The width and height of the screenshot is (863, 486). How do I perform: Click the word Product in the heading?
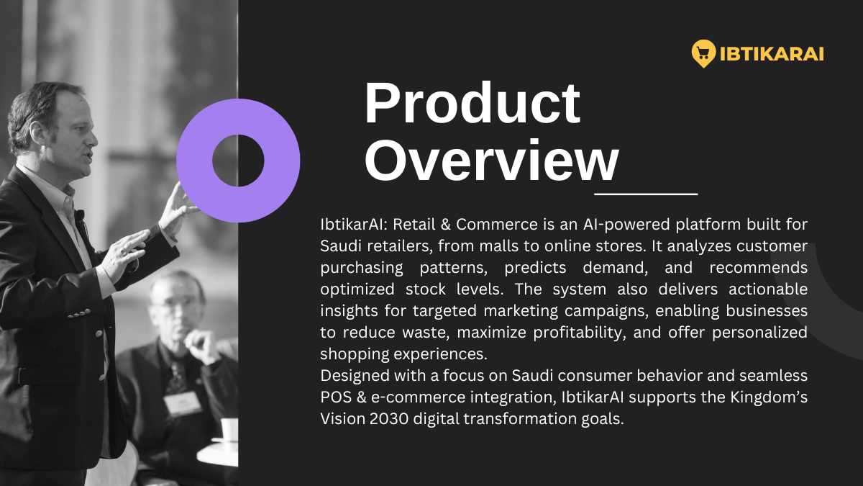[472, 104]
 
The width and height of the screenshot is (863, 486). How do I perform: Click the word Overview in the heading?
[492, 161]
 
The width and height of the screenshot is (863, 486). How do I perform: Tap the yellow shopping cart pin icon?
[703, 53]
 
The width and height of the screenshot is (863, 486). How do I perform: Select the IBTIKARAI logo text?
[772, 54]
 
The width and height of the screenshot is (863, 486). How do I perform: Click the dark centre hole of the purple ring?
[238, 161]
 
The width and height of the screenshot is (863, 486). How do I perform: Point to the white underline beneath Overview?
[646, 194]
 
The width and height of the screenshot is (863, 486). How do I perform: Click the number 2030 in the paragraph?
[389, 419]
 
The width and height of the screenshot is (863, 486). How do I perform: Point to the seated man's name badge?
[182, 404]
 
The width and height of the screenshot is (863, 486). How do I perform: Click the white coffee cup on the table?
[229, 429]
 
